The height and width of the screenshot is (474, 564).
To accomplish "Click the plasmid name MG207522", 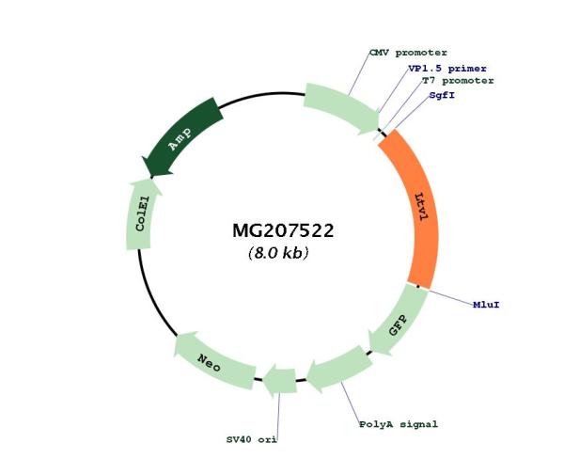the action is pyautogui.click(x=283, y=230).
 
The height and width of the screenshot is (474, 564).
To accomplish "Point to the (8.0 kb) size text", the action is pyautogui.click(x=278, y=253).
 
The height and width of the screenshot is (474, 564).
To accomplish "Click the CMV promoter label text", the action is pyautogui.click(x=408, y=53).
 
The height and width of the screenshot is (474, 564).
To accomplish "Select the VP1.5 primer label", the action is pyautogui.click(x=447, y=69).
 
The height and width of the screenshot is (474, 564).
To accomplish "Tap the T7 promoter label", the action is pyautogui.click(x=458, y=81).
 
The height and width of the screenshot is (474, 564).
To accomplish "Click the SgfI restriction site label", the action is pyautogui.click(x=442, y=95).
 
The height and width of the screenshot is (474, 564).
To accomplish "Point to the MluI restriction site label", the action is pyautogui.click(x=486, y=305).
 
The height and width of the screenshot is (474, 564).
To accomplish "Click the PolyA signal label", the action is pyautogui.click(x=399, y=424).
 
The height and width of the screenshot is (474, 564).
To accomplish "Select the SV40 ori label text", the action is pyautogui.click(x=251, y=439).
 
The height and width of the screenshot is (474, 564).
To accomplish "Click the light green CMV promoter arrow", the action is pyautogui.click(x=342, y=106).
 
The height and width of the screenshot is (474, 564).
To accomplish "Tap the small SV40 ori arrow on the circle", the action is pyautogui.click(x=280, y=381).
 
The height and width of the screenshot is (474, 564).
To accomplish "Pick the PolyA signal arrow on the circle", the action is pyautogui.click(x=340, y=368).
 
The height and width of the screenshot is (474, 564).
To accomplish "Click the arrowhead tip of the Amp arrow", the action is pyautogui.click(x=151, y=177).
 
